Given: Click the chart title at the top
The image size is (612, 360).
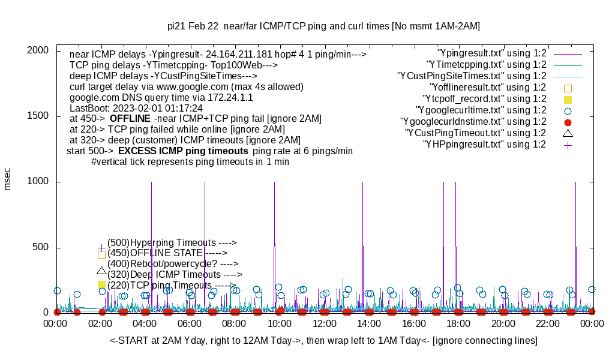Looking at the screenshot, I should click(x=323, y=26).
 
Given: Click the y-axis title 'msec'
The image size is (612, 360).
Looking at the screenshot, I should click(x=8, y=179).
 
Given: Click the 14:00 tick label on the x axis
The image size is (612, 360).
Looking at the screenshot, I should click(x=368, y=324).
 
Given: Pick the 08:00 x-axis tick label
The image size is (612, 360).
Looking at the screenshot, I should click(x=235, y=324).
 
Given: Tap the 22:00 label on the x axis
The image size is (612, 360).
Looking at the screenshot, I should click(x=547, y=324).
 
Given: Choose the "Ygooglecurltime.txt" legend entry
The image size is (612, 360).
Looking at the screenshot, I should click(x=481, y=110).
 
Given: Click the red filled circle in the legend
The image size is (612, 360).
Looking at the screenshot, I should click(x=568, y=122).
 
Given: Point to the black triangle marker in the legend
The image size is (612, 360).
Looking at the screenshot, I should click(x=568, y=133).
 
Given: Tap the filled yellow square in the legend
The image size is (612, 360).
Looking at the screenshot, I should click(x=568, y=99).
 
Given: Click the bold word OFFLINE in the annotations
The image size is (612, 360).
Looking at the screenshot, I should click(x=130, y=119).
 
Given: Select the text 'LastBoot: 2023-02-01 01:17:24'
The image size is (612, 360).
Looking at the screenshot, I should click(x=136, y=108).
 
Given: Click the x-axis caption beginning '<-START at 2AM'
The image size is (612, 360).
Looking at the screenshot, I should click(x=323, y=341).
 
